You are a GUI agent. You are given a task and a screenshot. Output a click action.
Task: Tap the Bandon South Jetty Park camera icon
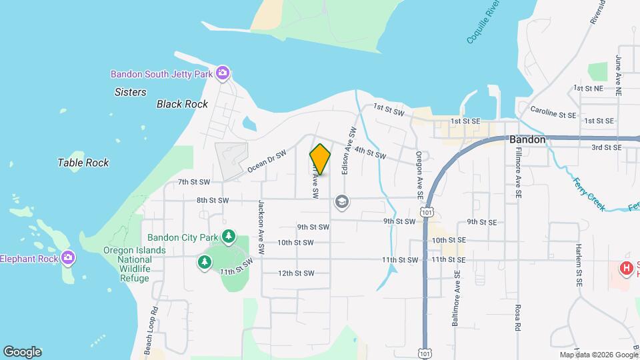[x=223, y=73]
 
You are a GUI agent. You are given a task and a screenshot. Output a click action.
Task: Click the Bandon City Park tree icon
[x=229, y=236]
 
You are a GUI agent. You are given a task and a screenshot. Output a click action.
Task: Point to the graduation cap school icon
[x=342, y=201]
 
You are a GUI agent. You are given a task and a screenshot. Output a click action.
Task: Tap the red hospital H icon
[x=626, y=269]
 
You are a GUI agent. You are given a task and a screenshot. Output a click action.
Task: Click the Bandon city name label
[x=527, y=140]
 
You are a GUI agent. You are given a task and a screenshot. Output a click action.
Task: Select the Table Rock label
[x=83, y=163]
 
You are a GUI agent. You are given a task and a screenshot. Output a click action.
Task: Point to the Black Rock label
[x=182, y=104]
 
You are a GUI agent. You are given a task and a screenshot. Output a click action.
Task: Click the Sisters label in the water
[x=131, y=92]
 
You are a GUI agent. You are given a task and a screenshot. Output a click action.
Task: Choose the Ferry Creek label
[x=588, y=194]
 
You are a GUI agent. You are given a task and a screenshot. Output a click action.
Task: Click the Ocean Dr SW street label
[x=266, y=161]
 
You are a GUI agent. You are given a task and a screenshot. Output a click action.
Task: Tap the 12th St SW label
[x=295, y=273]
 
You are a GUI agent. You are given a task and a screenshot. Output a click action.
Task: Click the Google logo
[x=22, y=352]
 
